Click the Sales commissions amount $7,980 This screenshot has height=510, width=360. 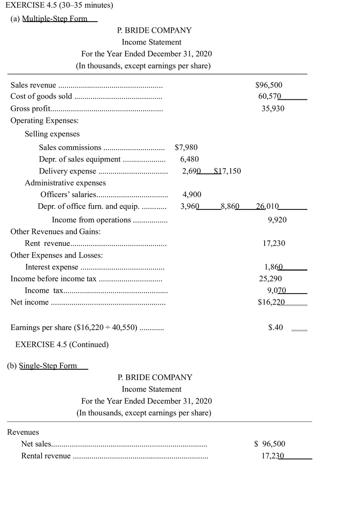click(x=186, y=147)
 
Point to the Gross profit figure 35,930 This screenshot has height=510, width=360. click(x=273, y=108)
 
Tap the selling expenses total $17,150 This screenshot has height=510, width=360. click(x=227, y=171)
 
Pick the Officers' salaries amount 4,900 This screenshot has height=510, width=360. click(x=191, y=195)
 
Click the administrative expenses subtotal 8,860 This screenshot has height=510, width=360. click(x=230, y=207)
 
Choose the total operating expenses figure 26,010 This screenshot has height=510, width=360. click(x=268, y=207)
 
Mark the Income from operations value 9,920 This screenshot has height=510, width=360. click(x=277, y=220)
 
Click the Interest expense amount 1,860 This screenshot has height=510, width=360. click(x=273, y=267)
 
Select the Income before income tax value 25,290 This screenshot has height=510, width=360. click(x=270, y=279)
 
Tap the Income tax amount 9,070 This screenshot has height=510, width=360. click(x=276, y=291)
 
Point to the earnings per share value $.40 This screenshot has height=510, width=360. click(x=275, y=328)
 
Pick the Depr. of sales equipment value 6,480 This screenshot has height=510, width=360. click(x=189, y=159)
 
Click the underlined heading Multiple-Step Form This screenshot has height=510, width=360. click(x=54, y=18)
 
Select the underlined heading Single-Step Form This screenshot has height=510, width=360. click(x=48, y=366)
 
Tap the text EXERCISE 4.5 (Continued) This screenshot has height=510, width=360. click(x=62, y=344)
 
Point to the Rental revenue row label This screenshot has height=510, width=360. click(x=46, y=456)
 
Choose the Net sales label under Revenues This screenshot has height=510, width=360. click(x=36, y=444)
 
